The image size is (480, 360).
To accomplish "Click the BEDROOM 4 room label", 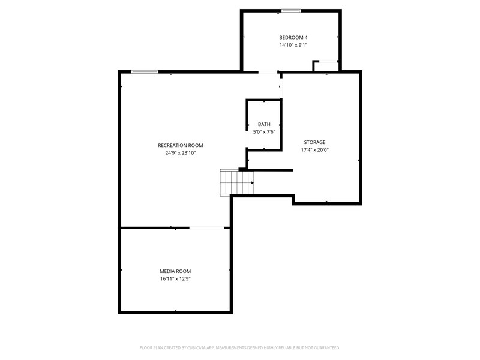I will (293, 37).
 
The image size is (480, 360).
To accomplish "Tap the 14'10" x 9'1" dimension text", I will (293, 45).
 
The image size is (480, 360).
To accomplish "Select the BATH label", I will (264, 124).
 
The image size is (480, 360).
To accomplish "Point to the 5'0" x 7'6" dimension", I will (264, 131).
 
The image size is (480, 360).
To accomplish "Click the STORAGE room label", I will (314, 142).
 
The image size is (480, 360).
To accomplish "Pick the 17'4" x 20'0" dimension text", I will (314, 150).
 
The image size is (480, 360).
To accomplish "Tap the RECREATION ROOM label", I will (181, 145).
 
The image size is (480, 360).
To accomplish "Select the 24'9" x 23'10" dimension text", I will (181, 153).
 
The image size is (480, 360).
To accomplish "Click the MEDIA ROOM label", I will (175, 271).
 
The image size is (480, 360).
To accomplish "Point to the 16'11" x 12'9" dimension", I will (175, 279).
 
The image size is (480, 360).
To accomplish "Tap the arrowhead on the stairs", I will (252, 182).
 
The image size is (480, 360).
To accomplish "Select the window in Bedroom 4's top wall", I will (292, 10).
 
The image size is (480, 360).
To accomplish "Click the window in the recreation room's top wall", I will (145, 72).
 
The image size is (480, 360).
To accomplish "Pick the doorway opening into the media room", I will (207, 227).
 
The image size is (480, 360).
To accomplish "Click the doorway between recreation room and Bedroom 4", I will (268, 73).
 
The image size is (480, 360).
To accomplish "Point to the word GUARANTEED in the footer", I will (326, 347).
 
